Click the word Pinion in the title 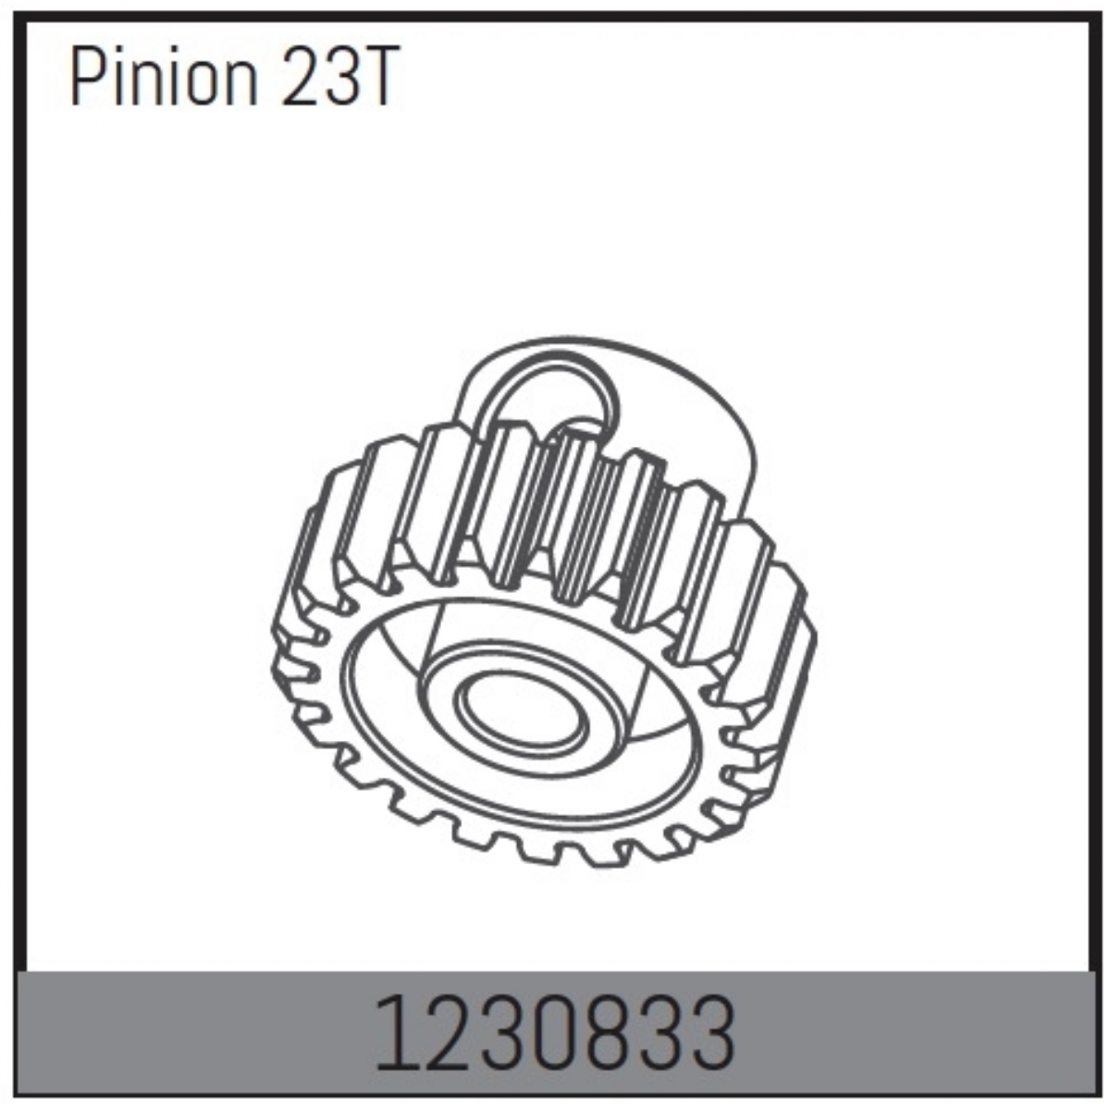[163, 77]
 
